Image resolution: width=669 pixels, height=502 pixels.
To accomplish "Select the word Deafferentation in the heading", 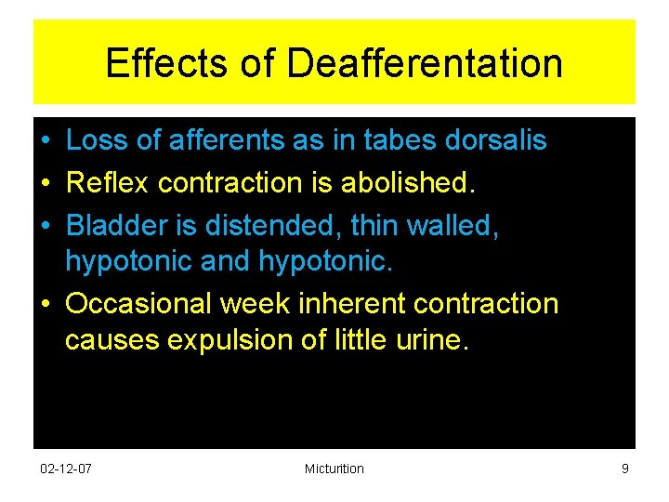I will coord(425,63).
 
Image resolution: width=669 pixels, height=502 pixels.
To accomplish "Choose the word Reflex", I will coord(108,182).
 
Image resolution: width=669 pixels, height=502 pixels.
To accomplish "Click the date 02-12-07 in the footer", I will coord(67,469).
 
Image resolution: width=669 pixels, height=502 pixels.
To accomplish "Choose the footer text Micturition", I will coord(334,469).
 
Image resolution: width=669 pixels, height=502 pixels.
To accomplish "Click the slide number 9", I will coord(624,469).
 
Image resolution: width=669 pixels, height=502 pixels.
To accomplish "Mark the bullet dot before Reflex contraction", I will coord(46,183).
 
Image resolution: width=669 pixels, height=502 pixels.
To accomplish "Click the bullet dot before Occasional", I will coord(46,305).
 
